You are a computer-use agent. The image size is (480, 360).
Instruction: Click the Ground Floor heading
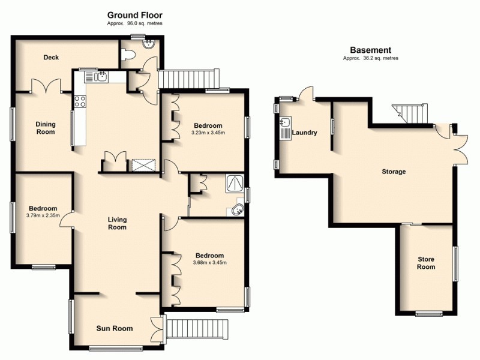coord(134,14)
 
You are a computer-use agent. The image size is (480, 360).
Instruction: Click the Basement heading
coord(370,50)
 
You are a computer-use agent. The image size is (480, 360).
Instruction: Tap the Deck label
coord(51,58)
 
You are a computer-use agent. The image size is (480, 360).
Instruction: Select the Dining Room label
coord(45,128)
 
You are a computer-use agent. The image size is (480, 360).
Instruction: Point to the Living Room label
coord(117,223)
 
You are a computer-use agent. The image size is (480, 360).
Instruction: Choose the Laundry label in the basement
coord(304,133)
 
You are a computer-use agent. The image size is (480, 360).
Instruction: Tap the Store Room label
coord(426,263)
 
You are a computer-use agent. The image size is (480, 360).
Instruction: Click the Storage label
coord(394,172)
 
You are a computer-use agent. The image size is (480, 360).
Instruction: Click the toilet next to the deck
coord(126,55)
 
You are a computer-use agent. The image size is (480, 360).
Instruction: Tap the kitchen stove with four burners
coord(80,101)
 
